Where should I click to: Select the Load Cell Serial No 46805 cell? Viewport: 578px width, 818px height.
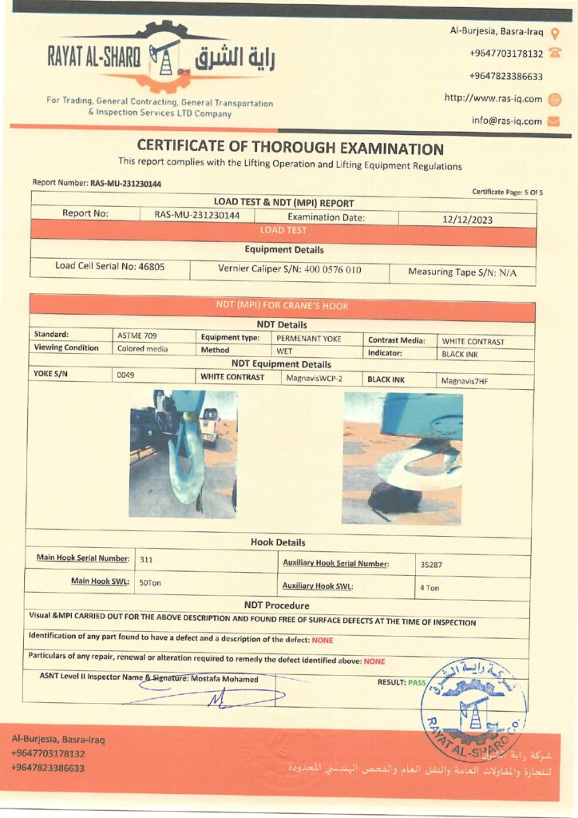click(110, 267)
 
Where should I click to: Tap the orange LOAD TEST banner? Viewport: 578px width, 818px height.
click(283, 230)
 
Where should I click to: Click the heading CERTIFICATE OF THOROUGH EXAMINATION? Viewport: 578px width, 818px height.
click(290, 148)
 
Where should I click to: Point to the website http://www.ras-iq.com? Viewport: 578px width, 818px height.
click(493, 98)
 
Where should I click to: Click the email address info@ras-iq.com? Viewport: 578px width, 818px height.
click(506, 121)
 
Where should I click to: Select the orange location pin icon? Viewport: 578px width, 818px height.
click(556, 32)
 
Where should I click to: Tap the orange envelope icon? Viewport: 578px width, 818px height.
click(554, 121)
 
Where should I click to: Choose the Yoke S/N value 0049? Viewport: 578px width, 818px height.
click(125, 374)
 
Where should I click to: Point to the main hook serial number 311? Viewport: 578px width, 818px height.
click(145, 559)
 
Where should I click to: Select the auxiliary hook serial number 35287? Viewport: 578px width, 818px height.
click(432, 564)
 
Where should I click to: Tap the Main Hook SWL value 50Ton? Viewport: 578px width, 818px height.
click(150, 582)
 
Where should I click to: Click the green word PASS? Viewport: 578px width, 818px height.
click(417, 682)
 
